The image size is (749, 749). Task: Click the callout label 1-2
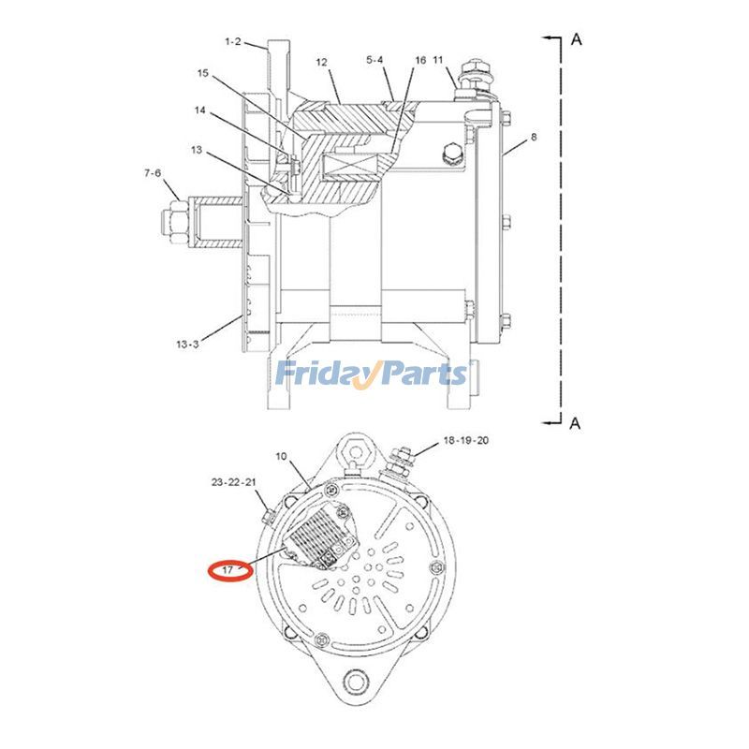click(233, 41)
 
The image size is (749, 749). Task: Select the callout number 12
click(321, 62)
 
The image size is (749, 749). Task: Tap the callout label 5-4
click(374, 61)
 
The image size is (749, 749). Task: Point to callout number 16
click(420, 61)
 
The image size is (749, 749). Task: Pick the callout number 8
click(534, 137)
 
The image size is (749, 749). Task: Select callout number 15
click(203, 73)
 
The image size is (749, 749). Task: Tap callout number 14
click(199, 110)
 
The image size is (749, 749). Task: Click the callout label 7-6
click(153, 173)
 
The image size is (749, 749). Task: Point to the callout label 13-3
click(186, 344)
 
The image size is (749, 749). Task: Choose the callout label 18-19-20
click(465, 440)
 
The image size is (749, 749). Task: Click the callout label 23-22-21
click(233, 482)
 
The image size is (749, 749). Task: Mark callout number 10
click(281, 456)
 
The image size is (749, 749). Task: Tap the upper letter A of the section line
click(577, 39)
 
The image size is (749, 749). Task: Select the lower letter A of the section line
click(576, 423)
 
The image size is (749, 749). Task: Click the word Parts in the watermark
click(417, 374)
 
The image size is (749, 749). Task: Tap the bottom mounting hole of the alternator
click(354, 681)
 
